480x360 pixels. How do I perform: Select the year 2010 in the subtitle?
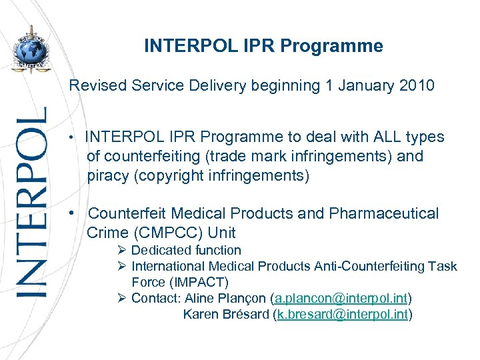coord(416,86)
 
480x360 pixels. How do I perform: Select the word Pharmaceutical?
coord(380,213)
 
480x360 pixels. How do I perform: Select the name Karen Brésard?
coord(226,314)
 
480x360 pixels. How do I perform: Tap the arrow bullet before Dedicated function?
coord(121,251)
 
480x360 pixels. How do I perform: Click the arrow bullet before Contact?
coord(121,298)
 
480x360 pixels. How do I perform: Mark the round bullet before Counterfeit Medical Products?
coord(79,213)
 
